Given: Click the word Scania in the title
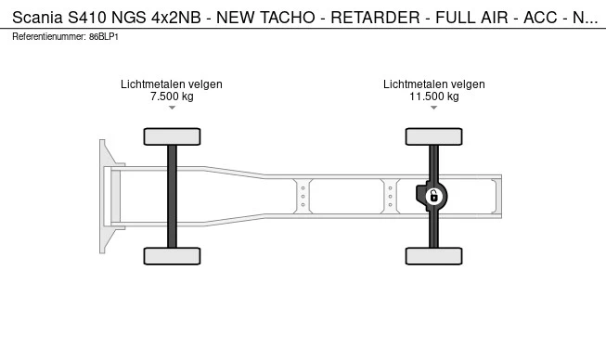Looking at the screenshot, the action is tap(37, 18).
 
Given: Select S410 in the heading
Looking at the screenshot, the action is tap(87, 18).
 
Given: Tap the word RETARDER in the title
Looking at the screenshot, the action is tap(375, 18).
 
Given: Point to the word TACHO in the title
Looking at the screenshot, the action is tap(287, 18).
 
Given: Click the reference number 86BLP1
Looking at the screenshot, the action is tap(104, 37).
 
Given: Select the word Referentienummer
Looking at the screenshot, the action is tap(49, 37).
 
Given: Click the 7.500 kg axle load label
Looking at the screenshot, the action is tap(172, 96).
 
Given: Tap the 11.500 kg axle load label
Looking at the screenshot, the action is tap(434, 96).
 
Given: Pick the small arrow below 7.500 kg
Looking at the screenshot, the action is tap(172, 108).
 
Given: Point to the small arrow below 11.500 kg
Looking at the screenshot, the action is tap(434, 108).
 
